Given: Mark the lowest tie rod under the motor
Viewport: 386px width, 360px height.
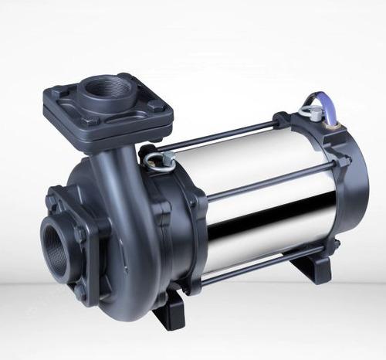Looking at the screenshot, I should click(x=262, y=259).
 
